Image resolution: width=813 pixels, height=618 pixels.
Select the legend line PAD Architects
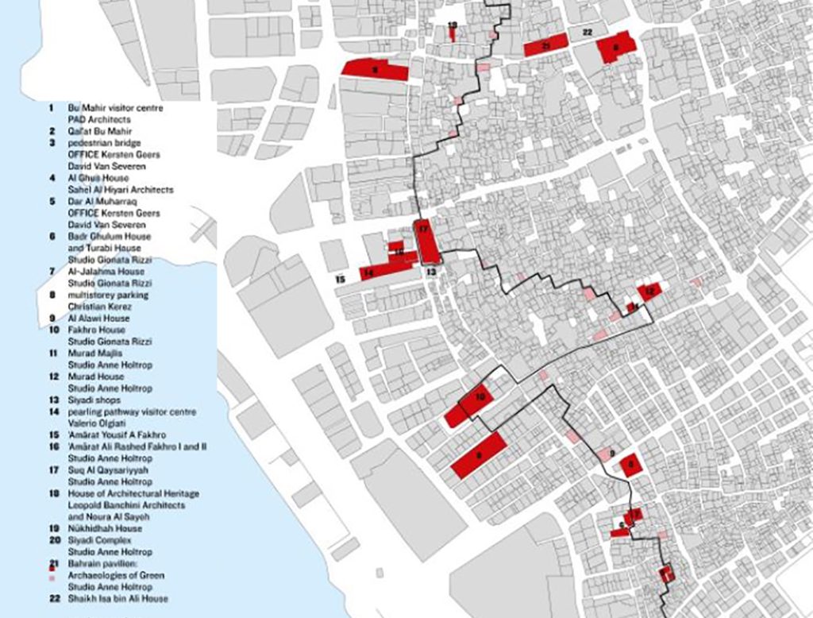[x=98, y=119]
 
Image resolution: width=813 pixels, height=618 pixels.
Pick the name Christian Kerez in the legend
[x=98, y=307]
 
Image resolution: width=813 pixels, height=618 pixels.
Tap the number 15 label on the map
[x=340, y=280]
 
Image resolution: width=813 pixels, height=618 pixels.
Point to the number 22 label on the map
[x=587, y=32]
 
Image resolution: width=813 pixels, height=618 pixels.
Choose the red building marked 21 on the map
[x=547, y=45]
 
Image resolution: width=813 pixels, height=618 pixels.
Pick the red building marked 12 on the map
[x=649, y=292]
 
